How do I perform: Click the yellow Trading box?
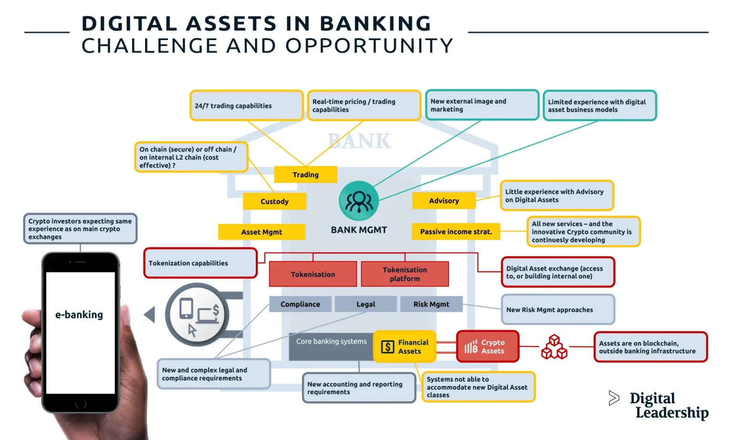point(305,175)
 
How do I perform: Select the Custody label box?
point(274,201)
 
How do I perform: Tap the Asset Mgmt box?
point(262,232)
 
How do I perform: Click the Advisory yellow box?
point(444,201)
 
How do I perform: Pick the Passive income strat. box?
point(456,231)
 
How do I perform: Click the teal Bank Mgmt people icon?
point(359,201)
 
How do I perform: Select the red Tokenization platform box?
point(405,274)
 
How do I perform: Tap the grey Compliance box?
point(300,304)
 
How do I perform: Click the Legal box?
point(366,304)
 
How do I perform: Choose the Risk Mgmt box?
point(431,304)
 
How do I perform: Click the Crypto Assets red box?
point(487,346)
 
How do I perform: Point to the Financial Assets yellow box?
point(405,346)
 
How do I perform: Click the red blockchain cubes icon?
point(554,347)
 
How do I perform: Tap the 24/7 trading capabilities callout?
point(246,105)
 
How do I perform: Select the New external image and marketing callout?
point(482,105)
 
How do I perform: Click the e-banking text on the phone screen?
point(79,314)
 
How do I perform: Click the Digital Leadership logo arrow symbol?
point(614,398)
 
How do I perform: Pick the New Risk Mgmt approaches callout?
point(558,310)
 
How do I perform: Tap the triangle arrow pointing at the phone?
point(150,314)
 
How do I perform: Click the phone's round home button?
point(81,403)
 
